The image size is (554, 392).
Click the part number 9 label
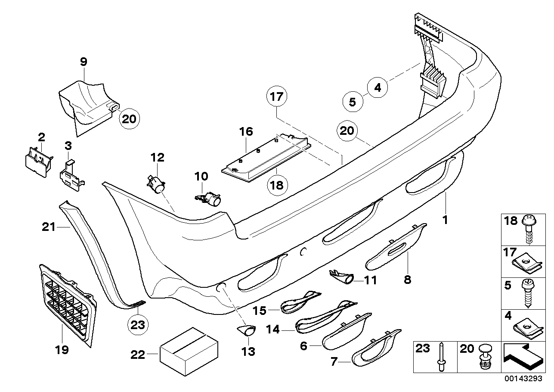[x=84, y=61]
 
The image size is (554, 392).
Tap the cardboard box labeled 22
[x=188, y=353]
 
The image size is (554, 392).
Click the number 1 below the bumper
[x=446, y=220]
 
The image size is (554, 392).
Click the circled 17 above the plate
[x=278, y=97]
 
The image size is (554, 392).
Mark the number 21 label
[x=49, y=226]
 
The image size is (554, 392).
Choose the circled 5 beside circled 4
[x=352, y=102]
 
